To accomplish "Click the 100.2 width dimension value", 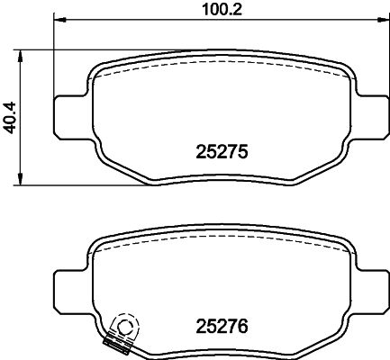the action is pos(222,10).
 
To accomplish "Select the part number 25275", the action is pos(222,151).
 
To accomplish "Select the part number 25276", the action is pos(222,326).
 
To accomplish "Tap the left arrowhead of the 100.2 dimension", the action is pos(59,20).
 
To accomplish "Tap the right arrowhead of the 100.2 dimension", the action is pos(383,20).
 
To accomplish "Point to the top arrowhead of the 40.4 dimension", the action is pos(20,56).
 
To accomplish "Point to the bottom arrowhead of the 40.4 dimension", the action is pos(20,179).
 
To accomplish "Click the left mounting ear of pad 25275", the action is pos(70,117).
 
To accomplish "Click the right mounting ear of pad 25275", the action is pos(372,117).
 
